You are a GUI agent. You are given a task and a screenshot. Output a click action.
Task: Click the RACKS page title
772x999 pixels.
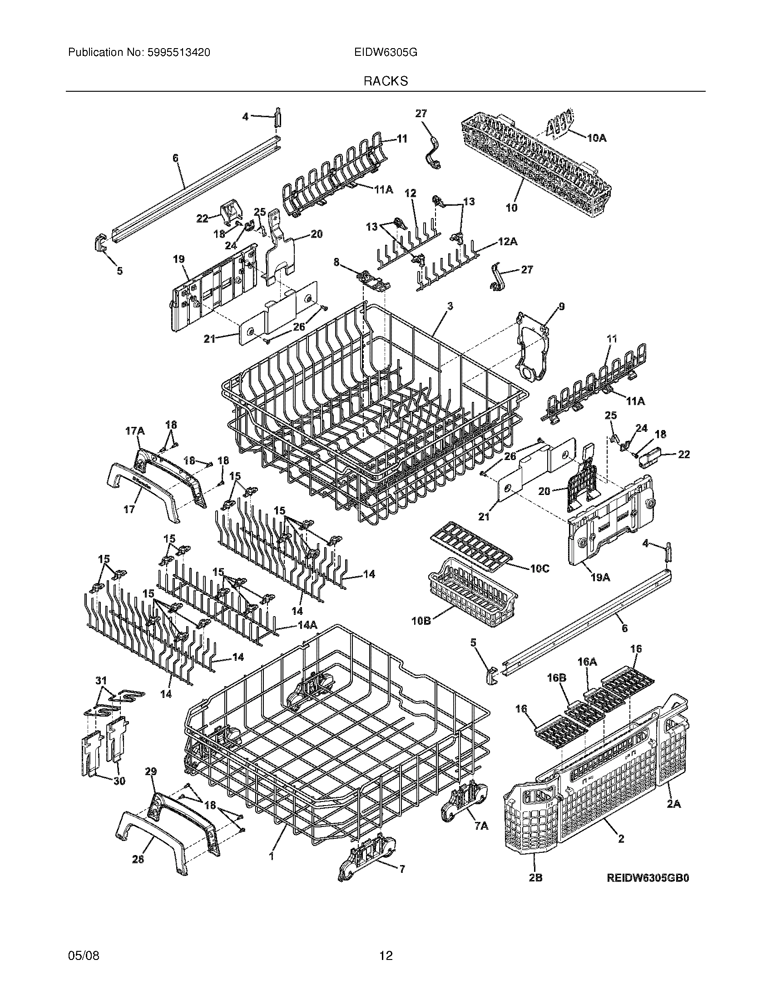pos(386,81)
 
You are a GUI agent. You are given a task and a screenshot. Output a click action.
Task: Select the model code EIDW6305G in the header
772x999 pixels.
pos(385,53)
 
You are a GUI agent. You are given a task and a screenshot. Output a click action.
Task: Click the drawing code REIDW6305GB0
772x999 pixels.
pos(647,890)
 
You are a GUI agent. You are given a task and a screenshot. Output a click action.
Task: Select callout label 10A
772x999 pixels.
pos(596,137)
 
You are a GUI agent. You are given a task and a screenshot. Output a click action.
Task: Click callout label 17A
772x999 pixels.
pos(134,430)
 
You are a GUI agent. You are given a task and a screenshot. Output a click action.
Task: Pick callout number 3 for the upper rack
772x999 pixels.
pos(450,307)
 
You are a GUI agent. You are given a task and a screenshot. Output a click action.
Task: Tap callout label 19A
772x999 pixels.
pos(600,578)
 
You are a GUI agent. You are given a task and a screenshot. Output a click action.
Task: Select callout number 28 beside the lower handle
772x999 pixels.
pos(138,859)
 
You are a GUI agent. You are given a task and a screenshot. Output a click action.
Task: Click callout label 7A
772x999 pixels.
pos(481,825)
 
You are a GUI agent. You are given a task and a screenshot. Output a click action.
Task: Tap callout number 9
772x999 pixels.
pos(561,307)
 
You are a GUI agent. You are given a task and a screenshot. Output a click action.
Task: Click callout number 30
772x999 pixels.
pos(119,782)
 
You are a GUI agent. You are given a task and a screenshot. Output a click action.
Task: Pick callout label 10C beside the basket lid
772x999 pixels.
pos(540,569)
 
